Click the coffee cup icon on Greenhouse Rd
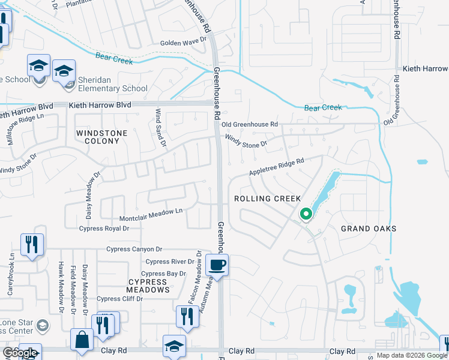point(217,264)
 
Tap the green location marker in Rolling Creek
point(306,214)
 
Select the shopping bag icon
point(82,340)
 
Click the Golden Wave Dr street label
point(183,43)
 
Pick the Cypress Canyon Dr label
point(134,249)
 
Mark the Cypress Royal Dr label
point(104,229)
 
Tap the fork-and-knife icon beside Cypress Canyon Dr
point(32,244)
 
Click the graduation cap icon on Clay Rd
point(174,346)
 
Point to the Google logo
point(20,353)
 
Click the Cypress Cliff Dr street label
point(121,299)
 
